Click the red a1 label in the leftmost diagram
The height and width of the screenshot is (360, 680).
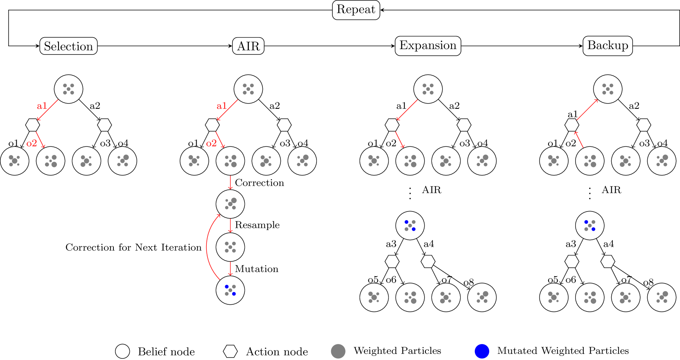[x=42, y=106]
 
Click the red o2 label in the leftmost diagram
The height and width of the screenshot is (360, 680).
[x=32, y=144]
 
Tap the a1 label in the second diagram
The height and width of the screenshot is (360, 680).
[x=221, y=106]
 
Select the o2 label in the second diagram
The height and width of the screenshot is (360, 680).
[x=211, y=144]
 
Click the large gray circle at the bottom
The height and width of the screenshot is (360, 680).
[x=338, y=351]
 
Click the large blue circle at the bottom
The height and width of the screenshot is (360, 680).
[x=482, y=351]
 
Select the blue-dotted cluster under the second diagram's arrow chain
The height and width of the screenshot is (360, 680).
[x=230, y=290]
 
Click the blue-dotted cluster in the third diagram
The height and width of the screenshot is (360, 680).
[x=410, y=225]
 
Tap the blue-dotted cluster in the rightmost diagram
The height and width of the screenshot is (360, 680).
[x=590, y=225]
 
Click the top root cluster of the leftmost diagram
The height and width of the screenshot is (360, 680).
[x=68, y=89]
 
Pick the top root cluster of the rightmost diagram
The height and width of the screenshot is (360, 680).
[x=608, y=89]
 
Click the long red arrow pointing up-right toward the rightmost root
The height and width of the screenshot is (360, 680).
[x=587, y=110]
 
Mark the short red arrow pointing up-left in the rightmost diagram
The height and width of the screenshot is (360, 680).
[x=579, y=139]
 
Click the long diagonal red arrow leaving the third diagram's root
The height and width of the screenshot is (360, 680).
[x=407, y=110]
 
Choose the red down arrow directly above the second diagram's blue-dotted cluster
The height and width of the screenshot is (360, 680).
[x=230, y=269]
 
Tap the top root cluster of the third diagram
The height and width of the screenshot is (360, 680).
[x=428, y=89]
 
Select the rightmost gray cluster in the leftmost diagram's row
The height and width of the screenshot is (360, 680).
[x=123, y=161]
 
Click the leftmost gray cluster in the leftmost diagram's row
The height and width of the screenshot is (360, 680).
[x=14, y=161]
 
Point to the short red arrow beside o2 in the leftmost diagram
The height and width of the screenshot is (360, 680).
[x=40, y=139]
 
